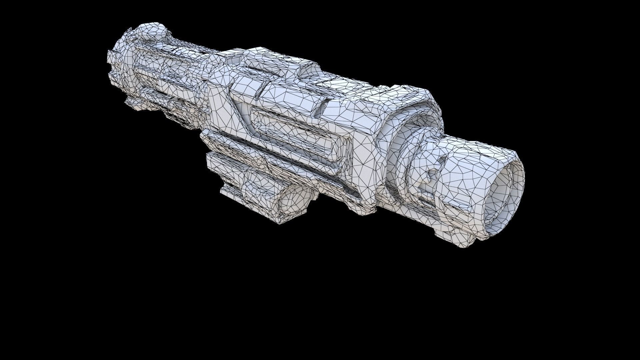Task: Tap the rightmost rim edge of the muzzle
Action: coord(522,187)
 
